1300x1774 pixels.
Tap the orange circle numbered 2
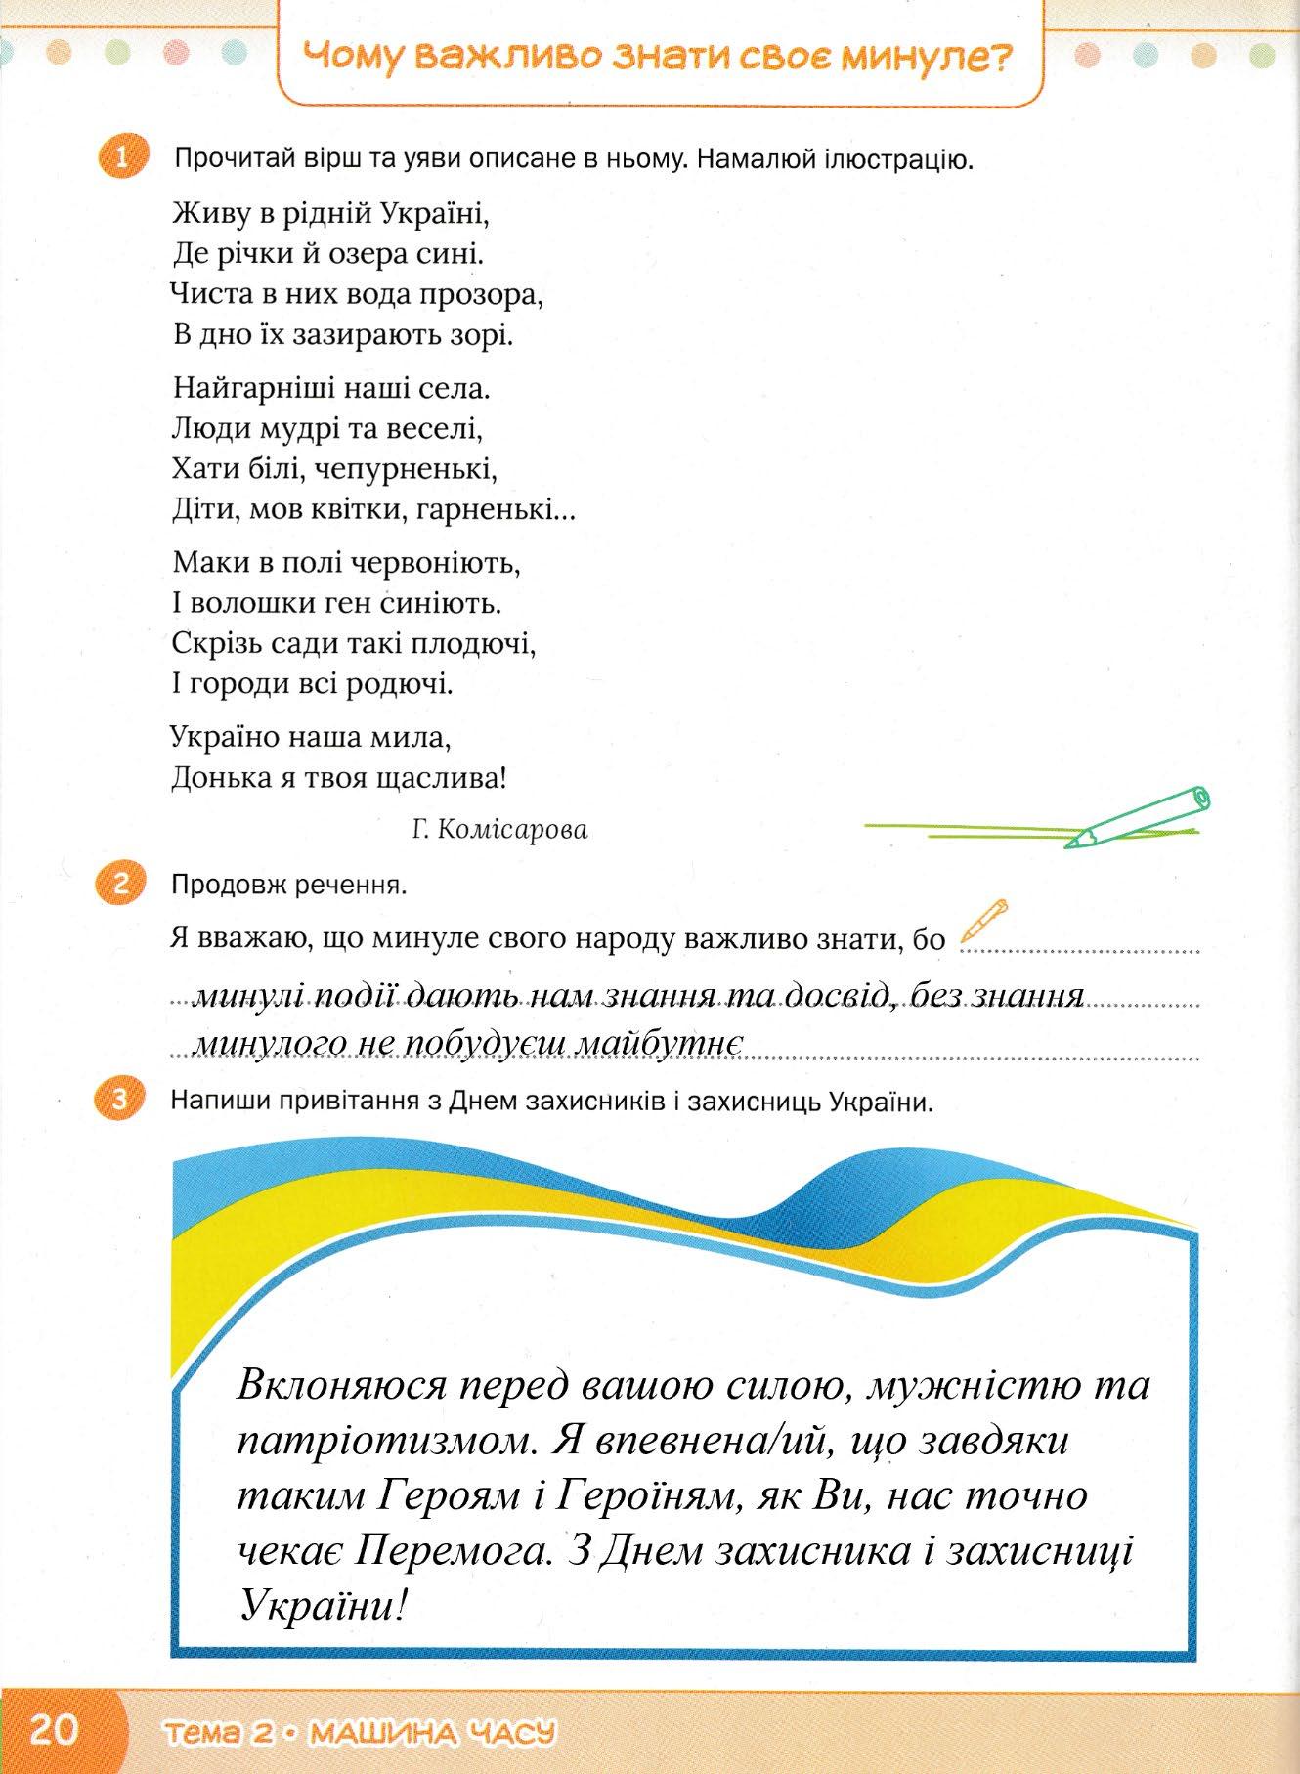(x=120, y=885)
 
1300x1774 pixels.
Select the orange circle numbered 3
(x=120, y=1101)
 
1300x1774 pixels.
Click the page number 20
(x=55, y=1731)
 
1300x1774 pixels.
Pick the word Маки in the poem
(x=204, y=562)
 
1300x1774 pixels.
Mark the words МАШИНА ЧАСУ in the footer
(x=431, y=1734)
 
